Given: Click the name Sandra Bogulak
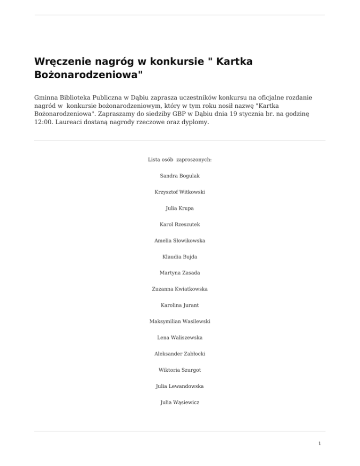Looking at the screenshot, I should (180, 176).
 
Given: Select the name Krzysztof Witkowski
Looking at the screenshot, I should (180, 192).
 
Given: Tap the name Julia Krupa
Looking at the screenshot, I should (180, 208).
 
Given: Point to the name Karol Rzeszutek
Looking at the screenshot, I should (180, 225).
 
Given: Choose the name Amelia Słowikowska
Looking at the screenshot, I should (180, 241).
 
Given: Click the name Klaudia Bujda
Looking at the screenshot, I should (180, 257).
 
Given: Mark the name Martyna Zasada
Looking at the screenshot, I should (180, 273).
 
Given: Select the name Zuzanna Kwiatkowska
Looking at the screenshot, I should (180, 289).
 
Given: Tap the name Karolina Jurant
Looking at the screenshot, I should (180, 305).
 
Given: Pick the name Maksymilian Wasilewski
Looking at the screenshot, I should (180, 322).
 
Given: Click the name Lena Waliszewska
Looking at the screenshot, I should (180, 338).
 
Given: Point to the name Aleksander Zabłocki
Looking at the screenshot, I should (180, 354).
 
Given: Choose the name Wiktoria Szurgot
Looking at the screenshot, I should (180, 370).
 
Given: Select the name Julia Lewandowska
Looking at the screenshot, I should (180, 386).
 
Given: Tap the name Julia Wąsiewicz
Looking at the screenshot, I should (180, 402).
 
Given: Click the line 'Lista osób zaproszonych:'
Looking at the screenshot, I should (180, 160).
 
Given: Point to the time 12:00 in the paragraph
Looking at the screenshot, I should (44, 123).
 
